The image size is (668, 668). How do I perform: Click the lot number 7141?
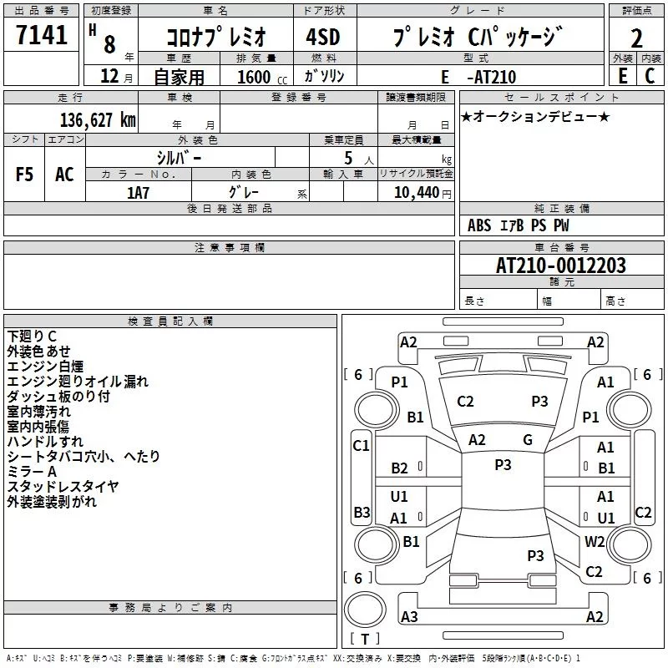click(42, 38)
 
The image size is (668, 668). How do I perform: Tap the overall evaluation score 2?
click(636, 38)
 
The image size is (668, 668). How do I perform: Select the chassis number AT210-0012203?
click(561, 266)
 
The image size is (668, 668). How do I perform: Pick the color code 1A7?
click(138, 192)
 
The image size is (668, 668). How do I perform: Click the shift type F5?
click(25, 175)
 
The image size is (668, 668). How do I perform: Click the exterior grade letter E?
click(622, 77)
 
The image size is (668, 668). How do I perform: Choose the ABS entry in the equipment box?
click(479, 225)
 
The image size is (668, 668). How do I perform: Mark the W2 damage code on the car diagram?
click(595, 541)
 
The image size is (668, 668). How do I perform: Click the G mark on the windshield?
click(528, 440)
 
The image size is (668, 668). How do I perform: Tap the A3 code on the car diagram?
click(409, 617)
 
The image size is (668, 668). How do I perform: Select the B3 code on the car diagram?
click(362, 512)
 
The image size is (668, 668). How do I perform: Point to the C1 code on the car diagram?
click(361, 446)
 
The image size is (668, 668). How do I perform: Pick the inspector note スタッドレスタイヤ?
click(63, 487)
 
